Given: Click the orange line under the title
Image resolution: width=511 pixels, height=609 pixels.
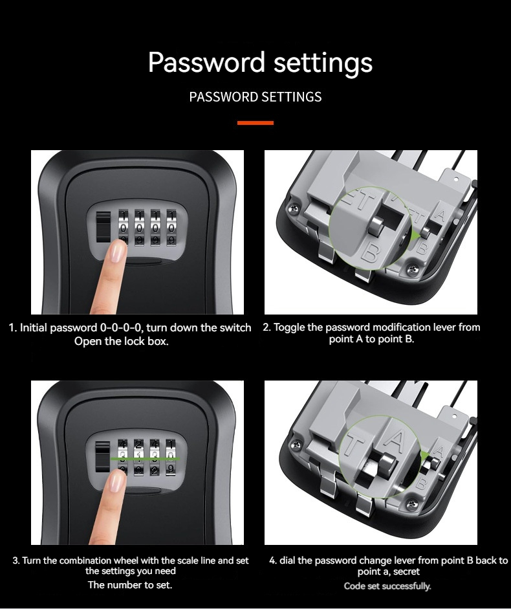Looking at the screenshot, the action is pos(255,123).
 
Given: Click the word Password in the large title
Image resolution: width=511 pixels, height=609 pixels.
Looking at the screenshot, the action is pos(206,63).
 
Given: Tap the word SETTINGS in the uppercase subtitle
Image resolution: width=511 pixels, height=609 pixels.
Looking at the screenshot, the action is pos(291,96).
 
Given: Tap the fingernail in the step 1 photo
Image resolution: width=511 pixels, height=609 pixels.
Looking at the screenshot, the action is pos(117,251).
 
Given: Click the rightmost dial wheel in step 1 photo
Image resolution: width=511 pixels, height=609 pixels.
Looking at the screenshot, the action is pos(171,228).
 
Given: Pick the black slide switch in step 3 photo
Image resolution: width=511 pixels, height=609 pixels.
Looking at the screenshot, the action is pos(102,457).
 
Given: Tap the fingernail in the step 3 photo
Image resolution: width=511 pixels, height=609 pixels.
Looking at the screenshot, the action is pos(116,481).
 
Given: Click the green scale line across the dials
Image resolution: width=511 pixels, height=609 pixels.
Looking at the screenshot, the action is pos(146,459).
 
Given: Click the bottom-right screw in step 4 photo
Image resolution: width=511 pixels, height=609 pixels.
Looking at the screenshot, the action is pos(411,504).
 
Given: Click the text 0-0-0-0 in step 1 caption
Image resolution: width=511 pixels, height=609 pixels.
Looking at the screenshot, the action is pos(120,327).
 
